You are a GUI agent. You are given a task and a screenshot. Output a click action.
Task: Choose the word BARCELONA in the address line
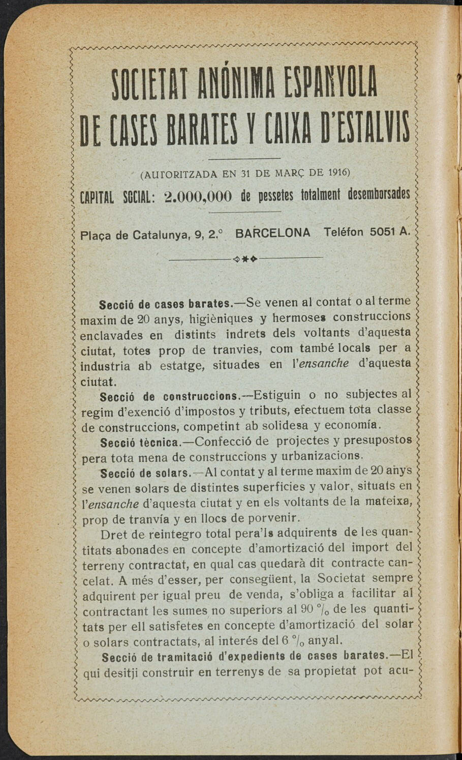[273, 233]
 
